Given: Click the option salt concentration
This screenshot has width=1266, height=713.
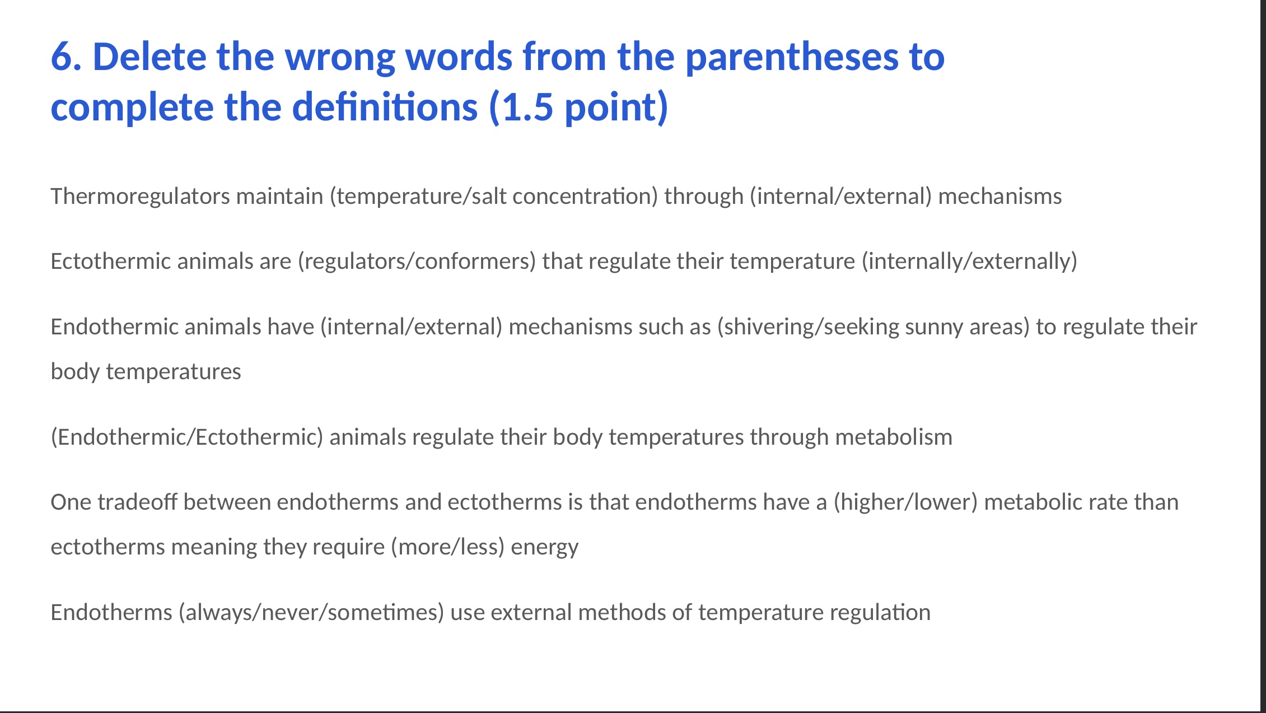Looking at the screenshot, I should click(564, 197).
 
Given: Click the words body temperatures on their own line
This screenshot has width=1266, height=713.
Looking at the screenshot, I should click(146, 372).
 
